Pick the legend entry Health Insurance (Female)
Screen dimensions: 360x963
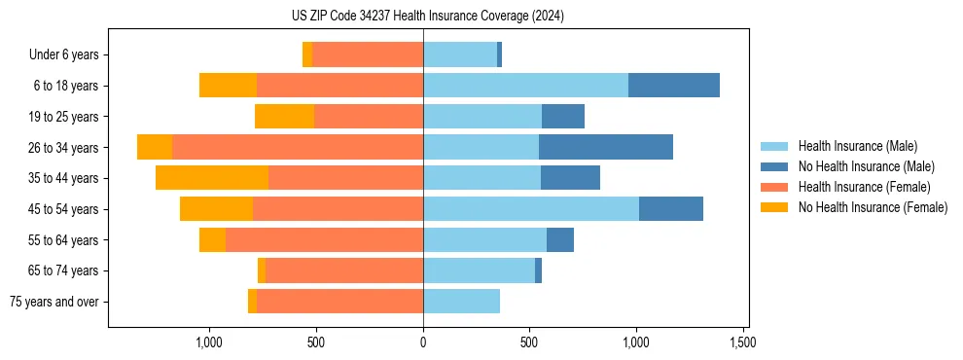[864, 187]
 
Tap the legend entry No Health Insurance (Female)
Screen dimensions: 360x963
[873, 207]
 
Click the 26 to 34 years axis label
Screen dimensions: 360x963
[63, 148]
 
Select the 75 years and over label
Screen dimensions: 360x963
[53, 302]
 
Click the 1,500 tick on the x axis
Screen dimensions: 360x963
[743, 343]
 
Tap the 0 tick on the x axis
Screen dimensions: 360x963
[423, 343]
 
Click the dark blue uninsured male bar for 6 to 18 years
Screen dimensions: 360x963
[673, 86]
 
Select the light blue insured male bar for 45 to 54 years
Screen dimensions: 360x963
[530, 209]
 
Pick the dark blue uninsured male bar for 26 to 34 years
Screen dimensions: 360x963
[605, 148]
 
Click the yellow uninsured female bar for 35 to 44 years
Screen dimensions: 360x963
[212, 178]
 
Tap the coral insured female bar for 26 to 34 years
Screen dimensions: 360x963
[297, 148]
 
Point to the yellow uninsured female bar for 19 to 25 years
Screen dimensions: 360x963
[284, 117]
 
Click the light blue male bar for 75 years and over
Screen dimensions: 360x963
[461, 302]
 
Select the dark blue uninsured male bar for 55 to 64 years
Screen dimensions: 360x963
[559, 240]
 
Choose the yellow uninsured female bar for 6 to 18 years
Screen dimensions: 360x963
[228, 86]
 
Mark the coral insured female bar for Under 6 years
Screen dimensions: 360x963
[368, 55]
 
